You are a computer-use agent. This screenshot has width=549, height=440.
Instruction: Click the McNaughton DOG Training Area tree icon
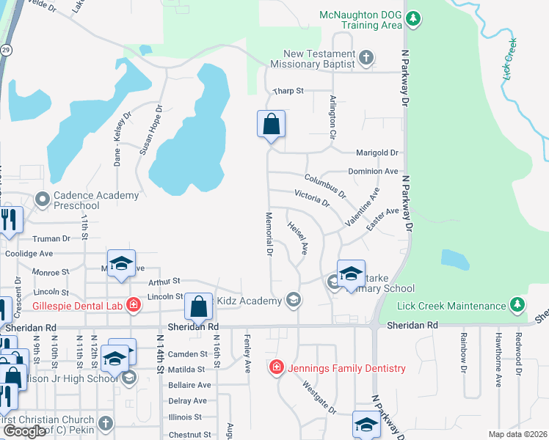pos(413,17)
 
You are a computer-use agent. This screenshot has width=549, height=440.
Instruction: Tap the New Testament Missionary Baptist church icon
pos(366,57)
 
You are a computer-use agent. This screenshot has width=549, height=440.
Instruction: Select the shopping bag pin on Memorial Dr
pos(271,125)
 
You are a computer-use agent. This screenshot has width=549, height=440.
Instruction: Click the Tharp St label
pos(288,92)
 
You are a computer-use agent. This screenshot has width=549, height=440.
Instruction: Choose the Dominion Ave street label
pos(373,171)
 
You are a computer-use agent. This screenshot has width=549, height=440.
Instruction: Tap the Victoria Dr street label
pos(311,198)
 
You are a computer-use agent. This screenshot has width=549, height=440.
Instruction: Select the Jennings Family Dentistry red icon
pos(277,367)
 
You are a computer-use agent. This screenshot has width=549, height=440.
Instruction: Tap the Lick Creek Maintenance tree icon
pos(517,305)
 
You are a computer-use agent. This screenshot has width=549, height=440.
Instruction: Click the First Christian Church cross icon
pos(106,423)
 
